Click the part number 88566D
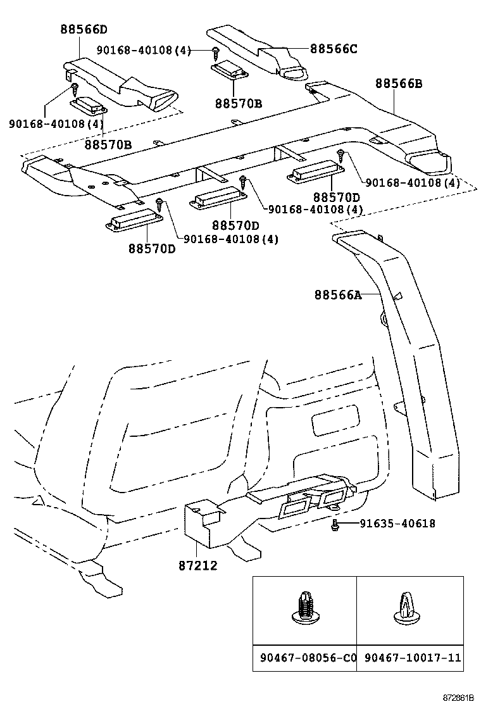click(x=84, y=29)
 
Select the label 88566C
click(x=334, y=48)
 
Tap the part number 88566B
click(x=399, y=83)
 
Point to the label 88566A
click(x=337, y=294)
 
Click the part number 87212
click(x=197, y=565)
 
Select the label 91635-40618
click(x=397, y=524)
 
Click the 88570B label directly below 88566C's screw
click(x=238, y=103)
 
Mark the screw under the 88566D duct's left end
click(x=74, y=87)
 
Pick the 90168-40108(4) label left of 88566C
click(x=144, y=49)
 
